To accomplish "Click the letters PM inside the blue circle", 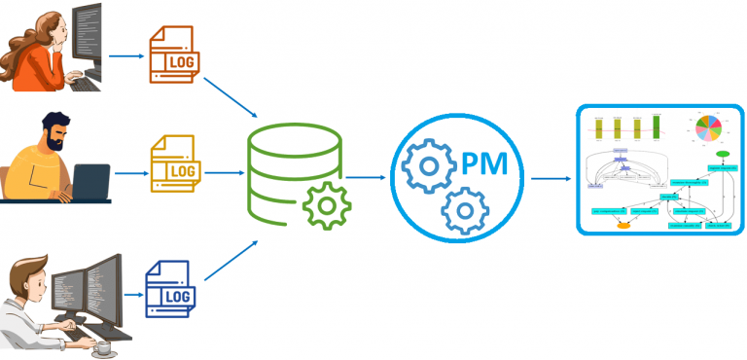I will coord(482,162).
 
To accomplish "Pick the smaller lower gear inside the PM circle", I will coord(465,208).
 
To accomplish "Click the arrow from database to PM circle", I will coord(366,177).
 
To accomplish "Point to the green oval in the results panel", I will coord(723,154).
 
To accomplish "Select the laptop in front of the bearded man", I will coord(90,182).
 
